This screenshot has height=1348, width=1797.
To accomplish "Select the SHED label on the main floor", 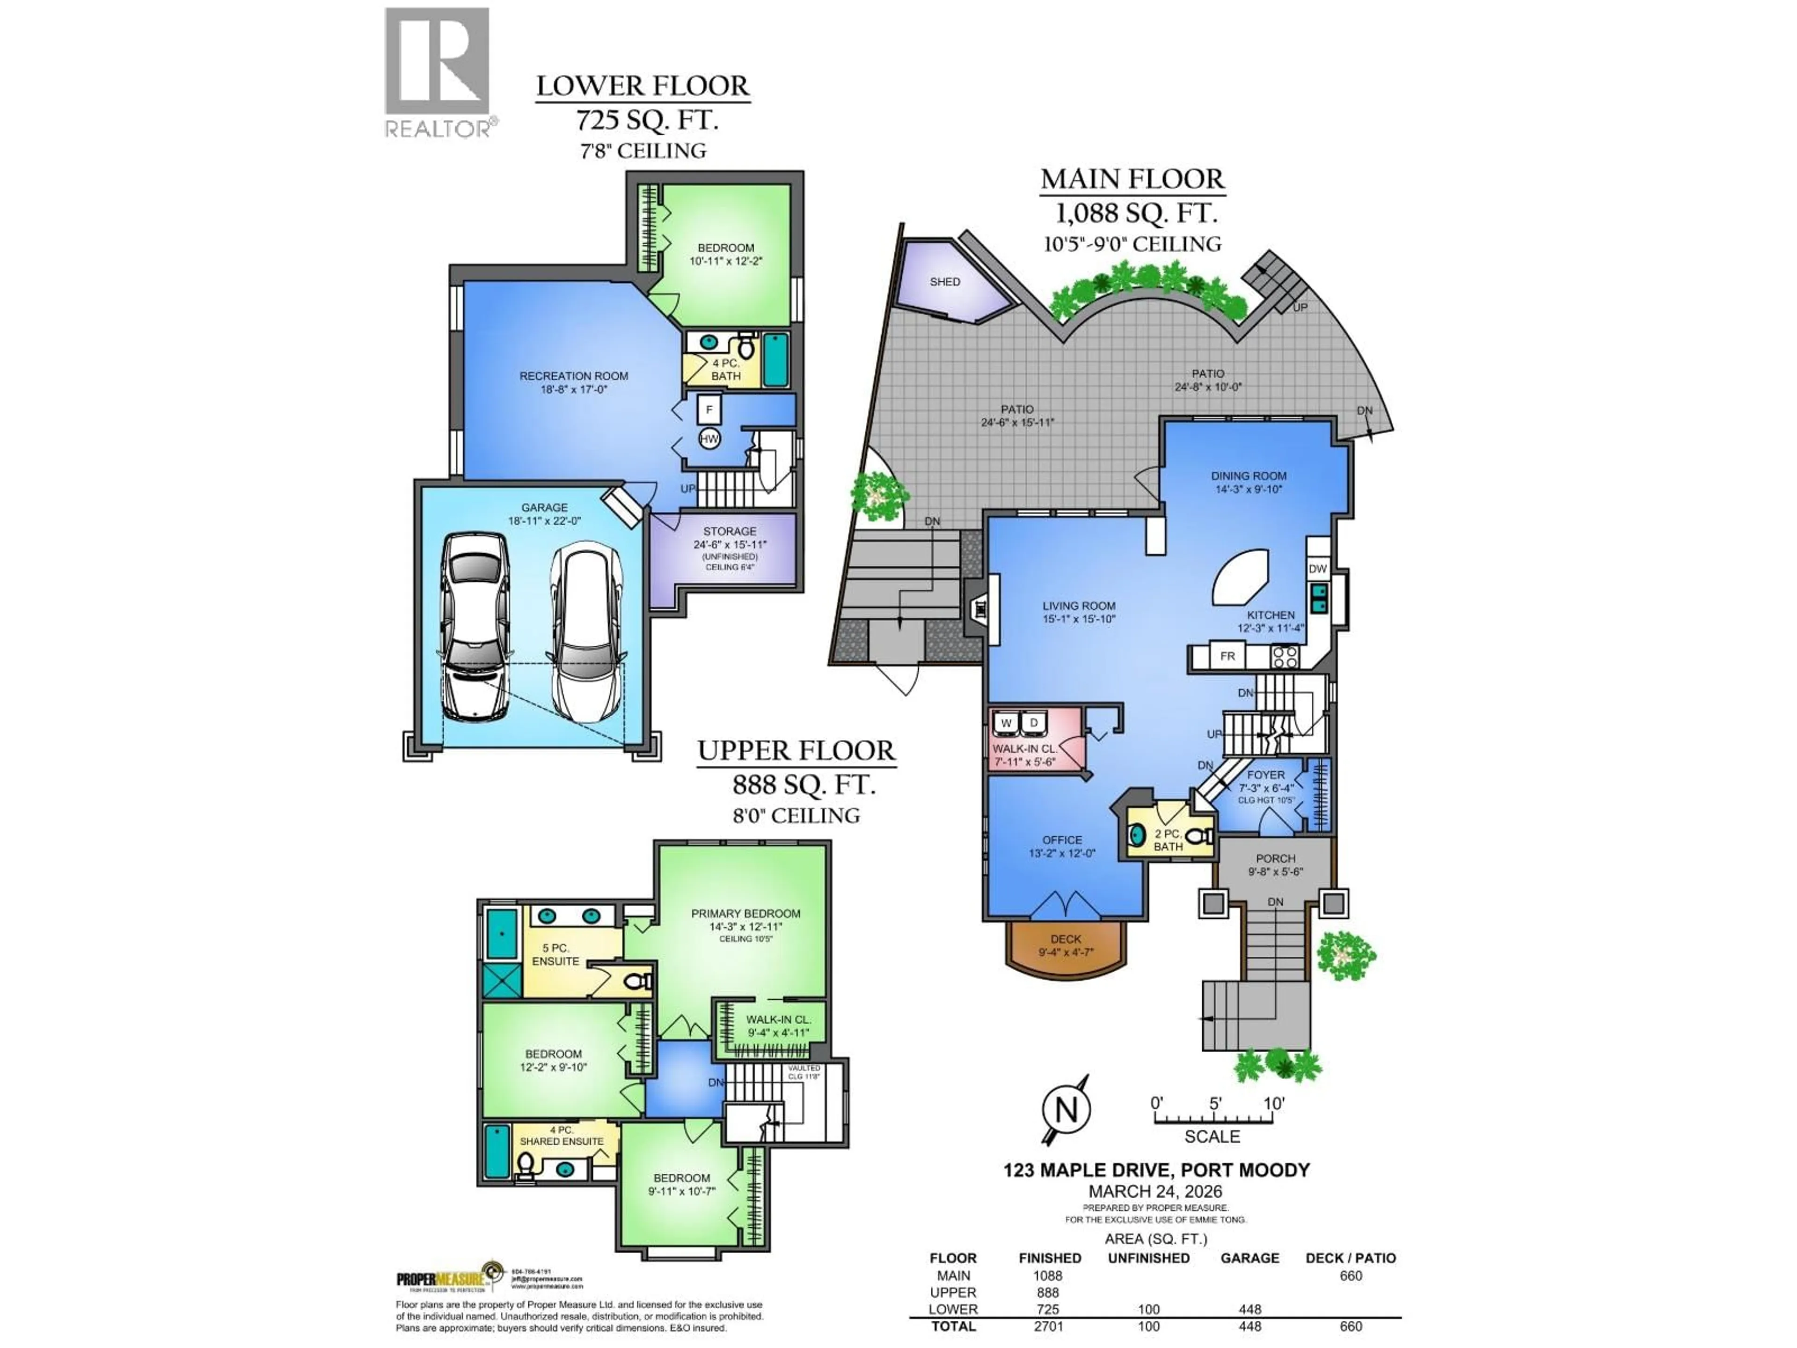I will (x=945, y=281).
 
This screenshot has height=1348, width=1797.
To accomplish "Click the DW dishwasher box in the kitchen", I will (x=1317, y=569).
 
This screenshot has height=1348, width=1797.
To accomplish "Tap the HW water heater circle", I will (x=709, y=439).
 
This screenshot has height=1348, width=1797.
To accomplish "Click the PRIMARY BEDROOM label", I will (x=745, y=913).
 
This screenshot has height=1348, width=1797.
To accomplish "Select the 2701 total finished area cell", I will (x=1048, y=1326).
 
